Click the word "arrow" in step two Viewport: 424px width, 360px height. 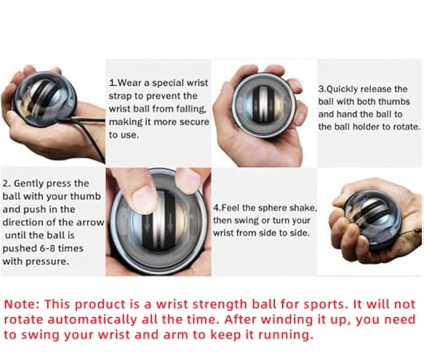[x=91, y=223]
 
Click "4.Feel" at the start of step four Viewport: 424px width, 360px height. [x=226, y=208]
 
